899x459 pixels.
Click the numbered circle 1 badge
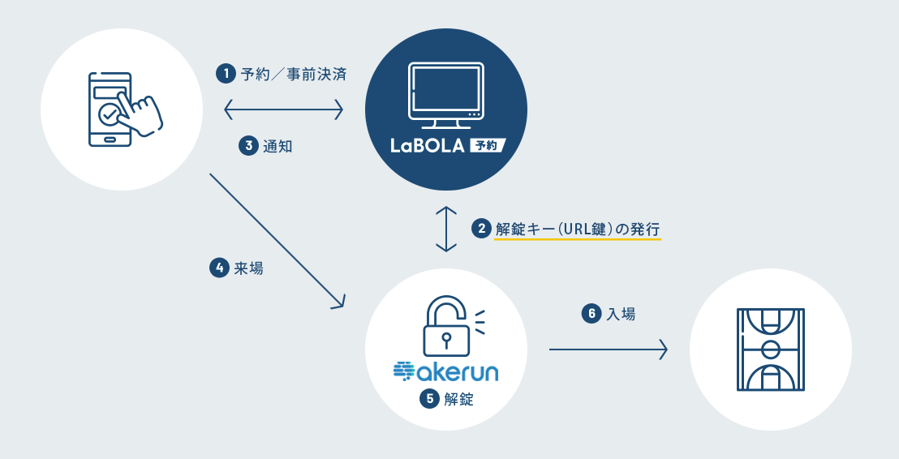click(225, 75)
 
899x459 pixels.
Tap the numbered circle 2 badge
click(482, 229)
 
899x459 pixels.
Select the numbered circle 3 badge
click(248, 146)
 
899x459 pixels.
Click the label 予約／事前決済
click(294, 75)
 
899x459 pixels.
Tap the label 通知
click(277, 146)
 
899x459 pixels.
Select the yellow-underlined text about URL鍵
click(578, 229)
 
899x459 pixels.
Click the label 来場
click(248, 268)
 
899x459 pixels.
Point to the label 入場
click(622, 313)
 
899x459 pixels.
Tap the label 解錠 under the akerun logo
click(458, 399)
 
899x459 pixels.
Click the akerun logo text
click(445, 371)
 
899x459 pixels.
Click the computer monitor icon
click(445, 96)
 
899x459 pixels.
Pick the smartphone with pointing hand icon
click(122, 109)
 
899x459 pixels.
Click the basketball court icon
click(770, 349)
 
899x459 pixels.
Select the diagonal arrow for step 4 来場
click(276, 240)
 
